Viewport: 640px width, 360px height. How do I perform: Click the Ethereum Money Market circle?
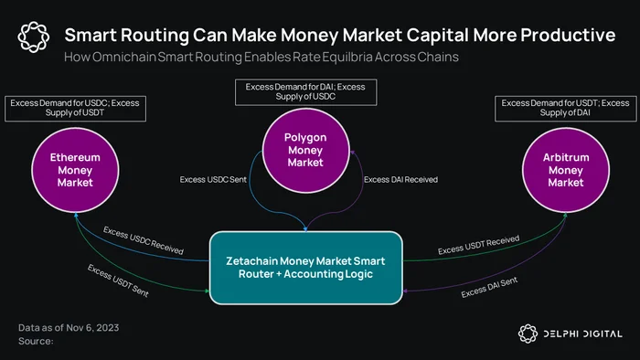(x=75, y=170)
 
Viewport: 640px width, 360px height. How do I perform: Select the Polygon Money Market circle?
(x=305, y=150)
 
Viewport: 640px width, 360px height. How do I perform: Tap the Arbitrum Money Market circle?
(x=566, y=170)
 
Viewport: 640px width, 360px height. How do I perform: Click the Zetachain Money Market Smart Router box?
(x=305, y=268)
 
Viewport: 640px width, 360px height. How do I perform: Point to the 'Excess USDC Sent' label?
(x=213, y=179)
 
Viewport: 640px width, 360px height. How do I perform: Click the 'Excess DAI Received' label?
(x=400, y=179)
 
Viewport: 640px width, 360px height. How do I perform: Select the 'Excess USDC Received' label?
(x=144, y=240)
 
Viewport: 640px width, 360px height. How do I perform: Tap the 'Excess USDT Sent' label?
(x=118, y=281)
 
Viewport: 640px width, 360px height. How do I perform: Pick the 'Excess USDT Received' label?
(x=478, y=244)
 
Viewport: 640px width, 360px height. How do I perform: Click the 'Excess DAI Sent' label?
(x=489, y=287)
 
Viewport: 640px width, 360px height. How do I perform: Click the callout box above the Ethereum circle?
(x=75, y=109)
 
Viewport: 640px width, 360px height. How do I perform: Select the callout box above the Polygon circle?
(x=305, y=92)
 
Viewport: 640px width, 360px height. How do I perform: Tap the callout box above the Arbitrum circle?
(x=565, y=109)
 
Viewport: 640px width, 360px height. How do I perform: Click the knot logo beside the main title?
(x=34, y=37)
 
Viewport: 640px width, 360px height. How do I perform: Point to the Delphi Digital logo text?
(x=583, y=334)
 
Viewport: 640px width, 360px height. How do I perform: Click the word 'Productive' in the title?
(x=568, y=35)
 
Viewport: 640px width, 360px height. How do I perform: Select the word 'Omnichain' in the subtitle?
(x=124, y=57)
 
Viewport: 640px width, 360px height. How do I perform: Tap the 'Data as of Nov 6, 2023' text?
(x=69, y=328)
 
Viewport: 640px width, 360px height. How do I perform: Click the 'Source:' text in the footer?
(x=36, y=341)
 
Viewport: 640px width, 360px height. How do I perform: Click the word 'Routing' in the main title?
(x=155, y=36)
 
